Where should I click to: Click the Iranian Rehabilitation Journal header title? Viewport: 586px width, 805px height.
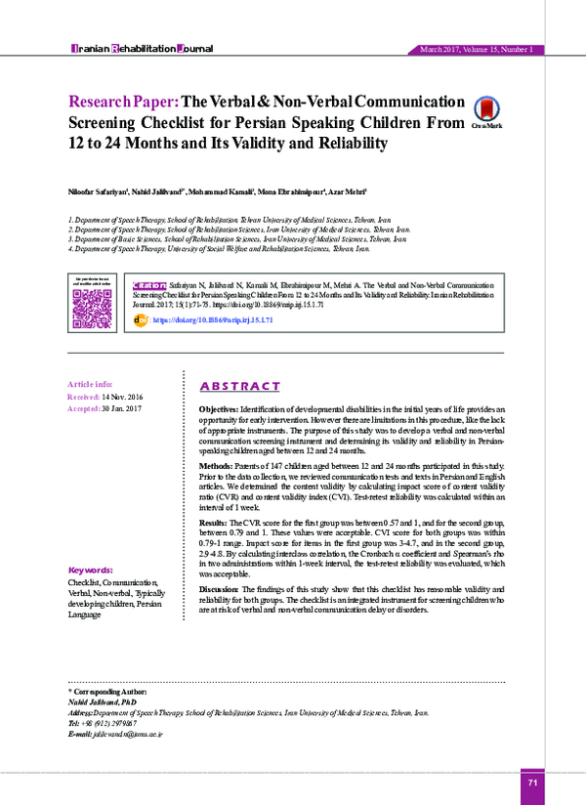pyautogui.click(x=138, y=48)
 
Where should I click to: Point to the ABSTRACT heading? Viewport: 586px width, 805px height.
pyautogui.click(x=239, y=386)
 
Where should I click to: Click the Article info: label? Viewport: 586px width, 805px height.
pyautogui.click(x=89, y=384)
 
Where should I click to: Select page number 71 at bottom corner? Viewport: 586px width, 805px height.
pyautogui.click(x=532, y=783)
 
